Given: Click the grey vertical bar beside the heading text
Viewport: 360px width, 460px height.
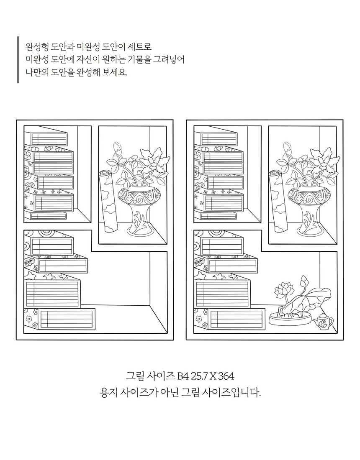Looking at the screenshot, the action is pos(18,59).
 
